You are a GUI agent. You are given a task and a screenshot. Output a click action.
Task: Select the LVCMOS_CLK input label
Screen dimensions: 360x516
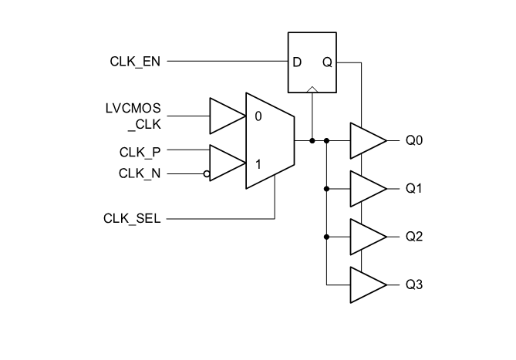(x=134, y=117)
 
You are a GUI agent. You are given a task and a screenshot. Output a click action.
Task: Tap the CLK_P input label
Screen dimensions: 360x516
(x=140, y=151)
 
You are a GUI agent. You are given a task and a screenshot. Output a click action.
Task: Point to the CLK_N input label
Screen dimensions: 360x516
(x=140, y=173)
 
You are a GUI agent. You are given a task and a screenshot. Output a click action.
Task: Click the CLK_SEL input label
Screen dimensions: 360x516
(x=132, y=219)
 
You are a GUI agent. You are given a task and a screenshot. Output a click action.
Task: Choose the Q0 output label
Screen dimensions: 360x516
(x=414, y=141)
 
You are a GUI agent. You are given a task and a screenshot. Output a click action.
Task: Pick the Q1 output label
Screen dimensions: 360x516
(x=414, y=189)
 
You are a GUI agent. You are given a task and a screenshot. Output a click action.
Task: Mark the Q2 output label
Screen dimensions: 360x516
(x=414, y=237)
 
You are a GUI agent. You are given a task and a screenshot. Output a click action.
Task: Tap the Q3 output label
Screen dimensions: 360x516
(x=414, y=284)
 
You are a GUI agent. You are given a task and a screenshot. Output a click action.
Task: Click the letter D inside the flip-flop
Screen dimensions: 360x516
(x=297, y=62)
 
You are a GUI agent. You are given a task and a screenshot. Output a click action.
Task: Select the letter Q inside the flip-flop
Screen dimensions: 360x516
(x=327, y=62)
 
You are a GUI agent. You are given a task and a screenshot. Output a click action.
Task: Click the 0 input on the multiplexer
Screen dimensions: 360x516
(x=257, y=117)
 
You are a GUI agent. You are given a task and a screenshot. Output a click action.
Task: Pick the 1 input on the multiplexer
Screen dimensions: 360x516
(x=257, y=163)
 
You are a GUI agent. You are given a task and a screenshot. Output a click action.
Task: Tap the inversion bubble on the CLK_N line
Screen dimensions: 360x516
(x=207, y=174)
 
